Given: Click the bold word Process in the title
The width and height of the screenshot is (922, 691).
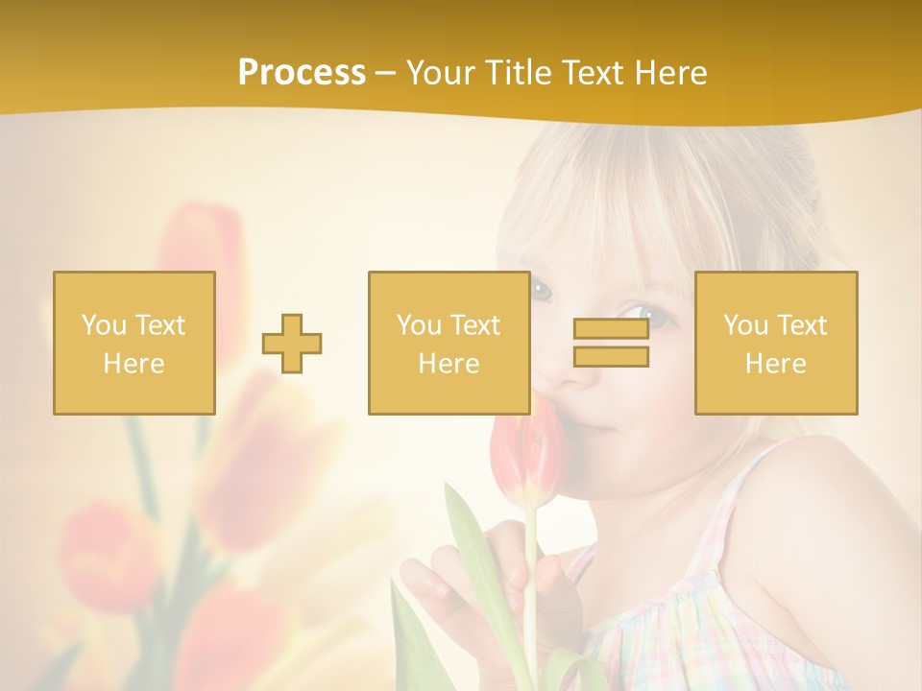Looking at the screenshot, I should tap(302, 73).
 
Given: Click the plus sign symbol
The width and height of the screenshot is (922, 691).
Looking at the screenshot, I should tap(292, 344).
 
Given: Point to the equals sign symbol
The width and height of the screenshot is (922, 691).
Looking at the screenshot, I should tap(611, 343).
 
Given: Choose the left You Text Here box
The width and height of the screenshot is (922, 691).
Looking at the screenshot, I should tap(134, 343).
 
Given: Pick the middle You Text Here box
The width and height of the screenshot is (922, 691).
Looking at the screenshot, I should tap(449, 343).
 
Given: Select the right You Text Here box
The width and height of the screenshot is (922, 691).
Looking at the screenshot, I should tap(776, 343).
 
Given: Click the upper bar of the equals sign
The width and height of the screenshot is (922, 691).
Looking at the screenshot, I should tap(611, 329).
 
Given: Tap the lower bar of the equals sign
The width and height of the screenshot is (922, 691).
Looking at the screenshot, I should tap(611, 356).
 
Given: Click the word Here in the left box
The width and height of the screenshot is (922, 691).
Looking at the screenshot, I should tap(134, 363).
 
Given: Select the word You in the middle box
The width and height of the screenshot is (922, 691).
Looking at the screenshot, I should tap(419, 325).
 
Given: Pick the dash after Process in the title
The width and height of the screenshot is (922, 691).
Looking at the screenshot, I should tap(385, 73).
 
